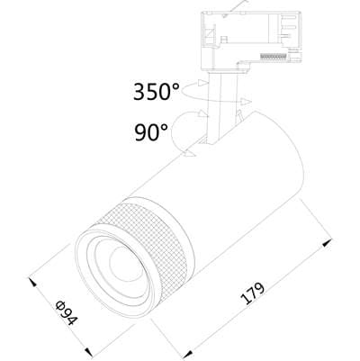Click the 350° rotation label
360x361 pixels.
156,91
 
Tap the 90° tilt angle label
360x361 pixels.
151,132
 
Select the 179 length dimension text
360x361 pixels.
253,293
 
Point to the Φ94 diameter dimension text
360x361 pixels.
67,312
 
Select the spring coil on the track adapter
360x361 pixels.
273,57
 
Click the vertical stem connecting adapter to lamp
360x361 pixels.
221,108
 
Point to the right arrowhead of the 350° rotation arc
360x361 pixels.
247,102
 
